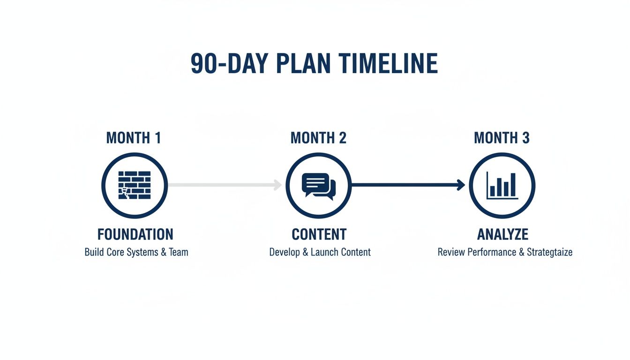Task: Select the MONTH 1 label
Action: [x=134, y=138]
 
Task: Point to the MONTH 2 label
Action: [x=318, y=138]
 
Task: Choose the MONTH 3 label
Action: [x=502, y=138]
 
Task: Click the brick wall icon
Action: [x=135, y=186]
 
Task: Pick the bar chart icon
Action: [x=502, y=186]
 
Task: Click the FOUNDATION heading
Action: [x=135, y=234]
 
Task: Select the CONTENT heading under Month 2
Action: [x=319, y=234]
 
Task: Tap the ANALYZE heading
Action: [x=502, y=234]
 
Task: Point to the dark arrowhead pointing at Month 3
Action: [x=461, y=185]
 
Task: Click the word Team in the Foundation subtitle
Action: [x=178, y=252]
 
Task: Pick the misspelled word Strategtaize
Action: [x=549, y=252]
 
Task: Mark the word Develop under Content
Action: [x=285, y=252]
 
